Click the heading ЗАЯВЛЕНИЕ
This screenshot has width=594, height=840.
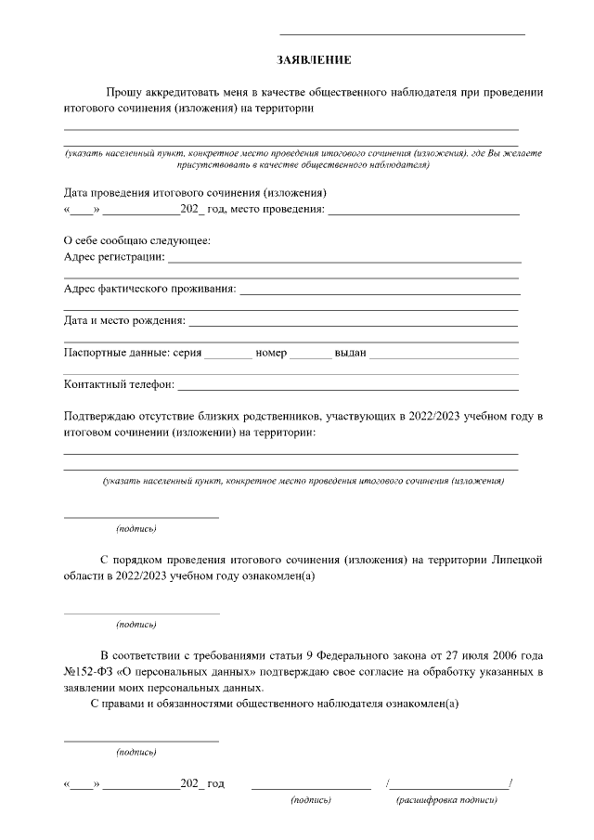[314, 60]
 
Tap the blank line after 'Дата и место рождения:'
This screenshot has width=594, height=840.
[353, 325]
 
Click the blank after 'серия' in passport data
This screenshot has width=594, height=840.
[227, 357]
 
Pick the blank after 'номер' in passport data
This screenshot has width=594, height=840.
[310, 357]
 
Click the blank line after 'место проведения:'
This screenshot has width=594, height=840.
[423, 213]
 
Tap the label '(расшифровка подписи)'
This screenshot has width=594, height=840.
[446, 799]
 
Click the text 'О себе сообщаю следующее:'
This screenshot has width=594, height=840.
[136, 240]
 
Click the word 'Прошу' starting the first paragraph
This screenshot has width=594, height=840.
[123, 93]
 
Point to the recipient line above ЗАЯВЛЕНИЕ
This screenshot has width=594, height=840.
[402, 33]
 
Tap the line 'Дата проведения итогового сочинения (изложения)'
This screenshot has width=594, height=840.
[195, 193]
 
